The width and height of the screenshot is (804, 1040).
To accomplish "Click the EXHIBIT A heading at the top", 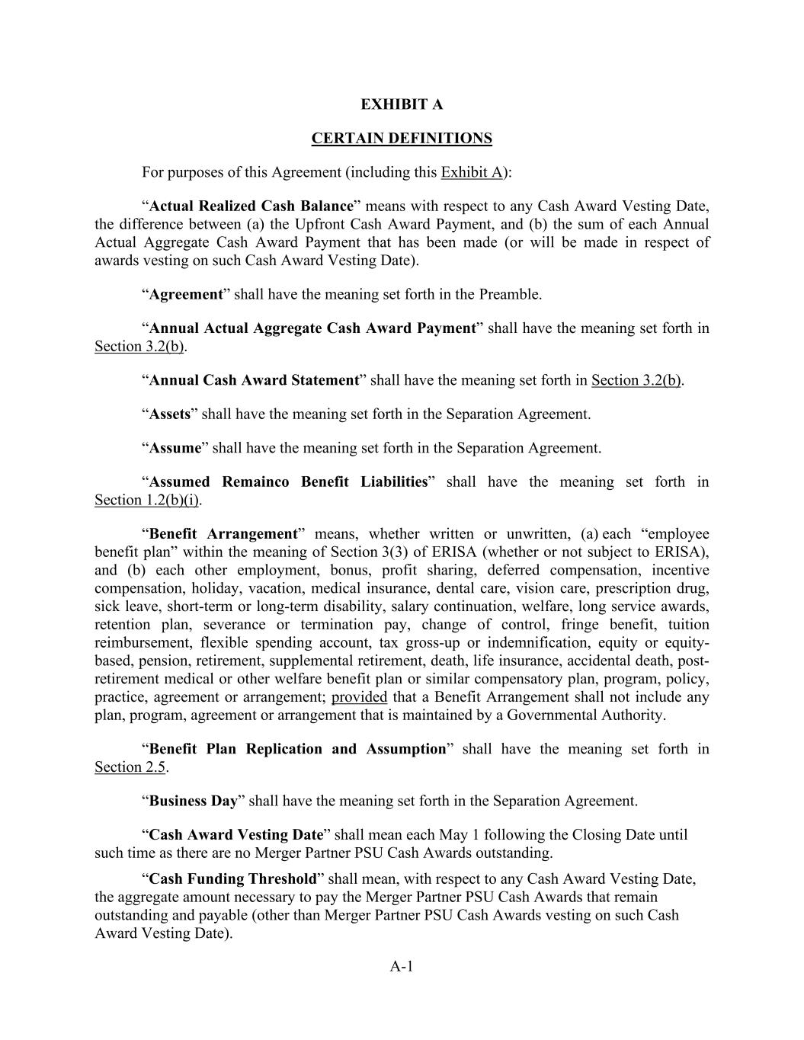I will pos(402,104).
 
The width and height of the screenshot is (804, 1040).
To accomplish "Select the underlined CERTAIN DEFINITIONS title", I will pos(402,139).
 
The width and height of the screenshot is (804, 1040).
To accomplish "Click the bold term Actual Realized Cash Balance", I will pos(251,206).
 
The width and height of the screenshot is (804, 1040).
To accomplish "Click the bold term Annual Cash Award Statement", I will pos(254,380).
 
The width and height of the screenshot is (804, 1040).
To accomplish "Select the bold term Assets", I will pos(169,414).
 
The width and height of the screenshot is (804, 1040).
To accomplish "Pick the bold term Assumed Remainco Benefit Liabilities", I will pos(288,482).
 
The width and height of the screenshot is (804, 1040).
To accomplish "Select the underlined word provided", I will pos(359,697).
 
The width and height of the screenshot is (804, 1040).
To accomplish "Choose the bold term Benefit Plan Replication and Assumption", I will pos(297,750).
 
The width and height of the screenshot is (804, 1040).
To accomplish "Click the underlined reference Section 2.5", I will pos(130,768).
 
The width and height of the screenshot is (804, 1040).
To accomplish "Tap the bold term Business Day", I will pos(194,802).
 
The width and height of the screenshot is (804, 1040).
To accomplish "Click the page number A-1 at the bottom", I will pos(402,967).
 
